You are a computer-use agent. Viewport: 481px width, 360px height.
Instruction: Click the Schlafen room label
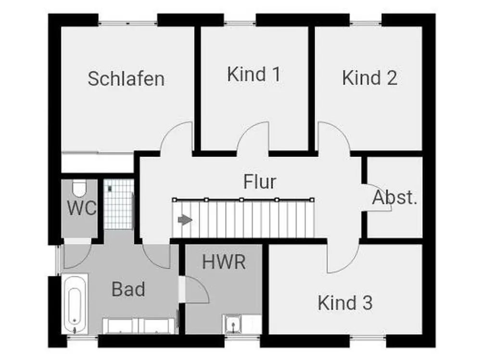pos(126,78)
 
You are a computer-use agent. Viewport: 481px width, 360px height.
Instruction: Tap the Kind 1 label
pos(253,74)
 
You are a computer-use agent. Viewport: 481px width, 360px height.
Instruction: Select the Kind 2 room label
pos(369,77)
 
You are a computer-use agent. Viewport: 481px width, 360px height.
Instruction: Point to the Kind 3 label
pos(345,303)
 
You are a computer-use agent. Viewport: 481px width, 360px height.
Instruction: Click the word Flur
pos(260,182)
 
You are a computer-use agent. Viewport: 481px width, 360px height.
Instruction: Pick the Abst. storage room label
pos(394,198)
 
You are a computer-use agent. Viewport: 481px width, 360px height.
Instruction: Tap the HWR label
pos(224,262)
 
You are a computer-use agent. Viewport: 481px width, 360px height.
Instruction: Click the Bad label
pos(128,289)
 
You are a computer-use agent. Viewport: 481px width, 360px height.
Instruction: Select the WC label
pos(82,208)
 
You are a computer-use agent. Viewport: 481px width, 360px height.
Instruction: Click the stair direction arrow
pos(185,220)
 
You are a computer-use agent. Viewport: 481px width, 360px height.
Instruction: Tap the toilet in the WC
pos(79,188)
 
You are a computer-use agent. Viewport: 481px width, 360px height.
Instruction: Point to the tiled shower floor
pos(119,204)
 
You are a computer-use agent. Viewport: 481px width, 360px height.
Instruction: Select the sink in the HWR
pos(233,324)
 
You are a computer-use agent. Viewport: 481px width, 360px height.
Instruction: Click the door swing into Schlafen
pos(177,136)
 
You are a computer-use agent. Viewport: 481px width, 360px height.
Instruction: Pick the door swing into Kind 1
pos(253,136)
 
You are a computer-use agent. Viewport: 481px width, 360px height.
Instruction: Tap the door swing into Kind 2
pos(334,136)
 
